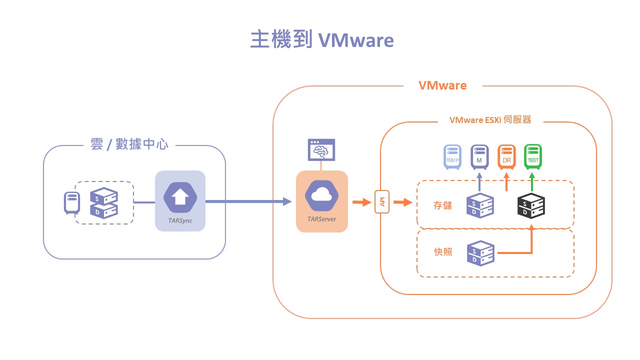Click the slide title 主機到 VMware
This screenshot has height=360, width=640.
322,40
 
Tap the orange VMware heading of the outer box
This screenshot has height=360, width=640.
442,85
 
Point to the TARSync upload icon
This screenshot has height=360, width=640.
180,197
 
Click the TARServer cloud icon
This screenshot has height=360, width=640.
322,196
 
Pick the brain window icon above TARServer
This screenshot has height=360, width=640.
321,149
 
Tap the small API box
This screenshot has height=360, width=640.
382,202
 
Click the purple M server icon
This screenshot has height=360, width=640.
479,156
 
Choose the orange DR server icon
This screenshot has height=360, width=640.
506,156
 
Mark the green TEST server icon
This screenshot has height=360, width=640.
532,156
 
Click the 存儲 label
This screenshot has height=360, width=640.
442,205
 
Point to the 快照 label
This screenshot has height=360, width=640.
442,252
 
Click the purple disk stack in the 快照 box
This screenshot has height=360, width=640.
480,253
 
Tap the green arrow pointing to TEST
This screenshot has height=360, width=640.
532,182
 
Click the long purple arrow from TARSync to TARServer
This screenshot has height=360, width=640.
248,202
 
